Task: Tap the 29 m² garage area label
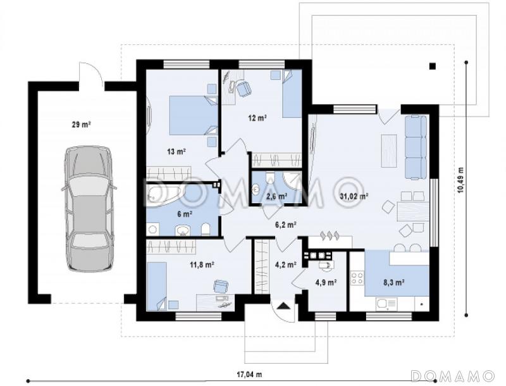[x=81, y=124]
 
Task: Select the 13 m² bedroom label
[x=176, y=151]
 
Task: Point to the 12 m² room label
[x=257, y=118]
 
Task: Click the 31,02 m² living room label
[x=354, y=196]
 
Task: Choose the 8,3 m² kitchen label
[x=394, y=283]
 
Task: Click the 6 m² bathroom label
[x=185, y=214]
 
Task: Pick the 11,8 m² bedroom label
[x=202, y=265]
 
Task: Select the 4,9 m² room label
[x=326, y=283]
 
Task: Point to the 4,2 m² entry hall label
[x=286, y=265]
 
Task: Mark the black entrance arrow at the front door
[x=283, y=306]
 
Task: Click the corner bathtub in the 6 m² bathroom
[x=164, y=194]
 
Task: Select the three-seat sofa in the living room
[x=416, y=147]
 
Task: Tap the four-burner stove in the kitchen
[x=357, y=278]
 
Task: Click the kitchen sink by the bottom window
[x=386, y=304]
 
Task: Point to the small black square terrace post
[x=433, y=66]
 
